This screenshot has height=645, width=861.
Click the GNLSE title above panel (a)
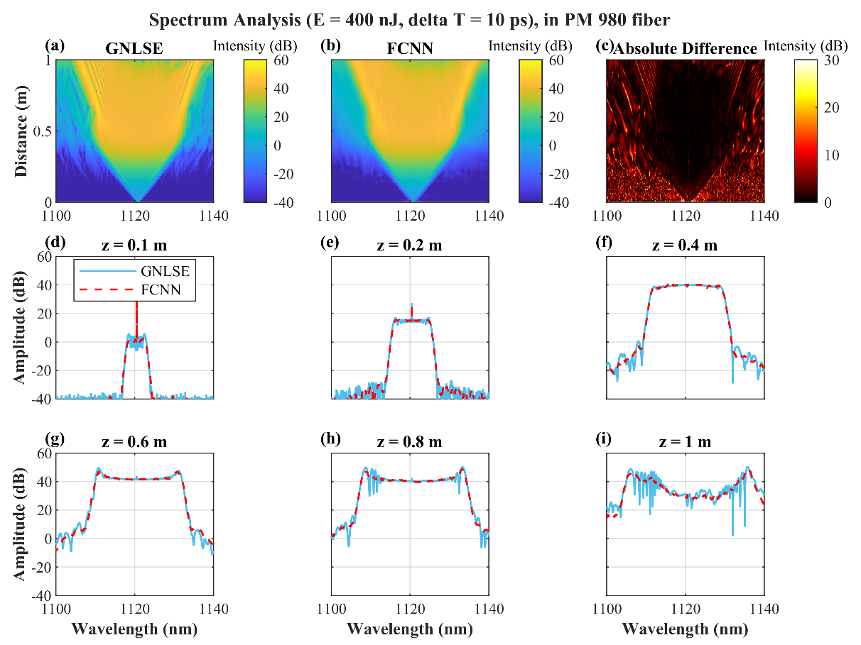(x=135, y=50)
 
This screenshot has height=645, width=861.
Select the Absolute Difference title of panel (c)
(x=685, y=50)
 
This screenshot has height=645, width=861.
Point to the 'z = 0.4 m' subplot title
(x=685, y=246)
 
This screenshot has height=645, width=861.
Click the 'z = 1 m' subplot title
(x=685, y=442)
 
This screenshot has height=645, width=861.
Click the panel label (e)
(x=330, y=243)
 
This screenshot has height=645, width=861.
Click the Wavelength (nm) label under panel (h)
(x=410, y=629)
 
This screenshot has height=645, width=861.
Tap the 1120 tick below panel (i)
(x=686, y=609)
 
